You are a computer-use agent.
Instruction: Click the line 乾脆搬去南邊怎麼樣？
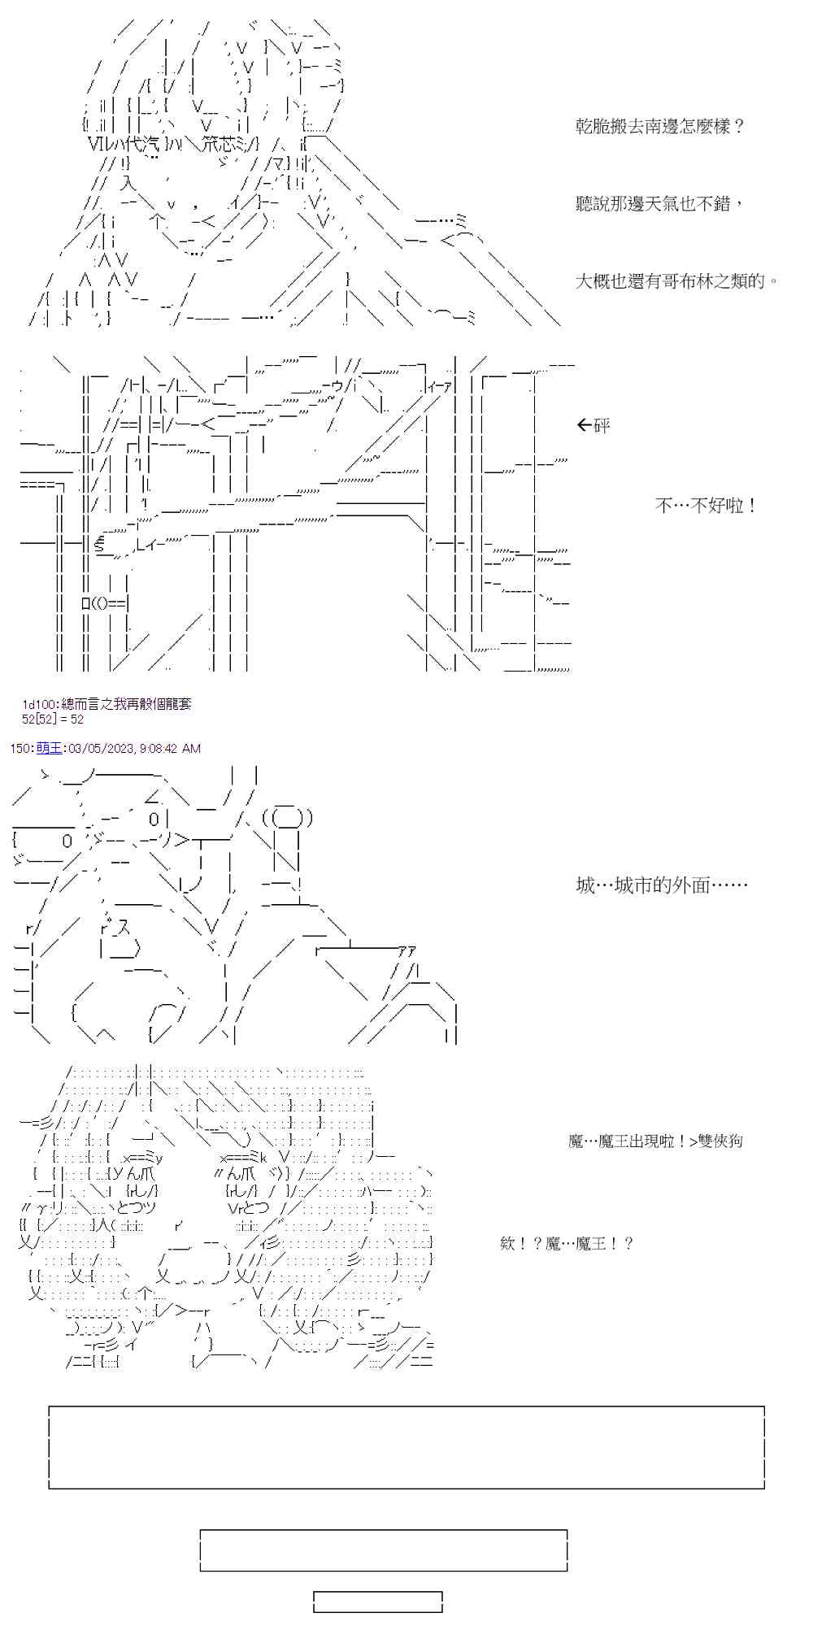[659, 127]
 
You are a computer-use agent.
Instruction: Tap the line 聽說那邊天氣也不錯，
[659, 204]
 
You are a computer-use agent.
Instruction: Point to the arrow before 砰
[583, 425]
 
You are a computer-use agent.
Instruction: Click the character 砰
[602, 425]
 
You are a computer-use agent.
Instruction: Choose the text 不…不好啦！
[706, 506]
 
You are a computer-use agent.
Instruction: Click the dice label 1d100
[38, 704]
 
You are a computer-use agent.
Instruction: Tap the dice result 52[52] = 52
[53, 720]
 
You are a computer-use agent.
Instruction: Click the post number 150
[20, 748]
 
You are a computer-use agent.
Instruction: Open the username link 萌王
[49, 748]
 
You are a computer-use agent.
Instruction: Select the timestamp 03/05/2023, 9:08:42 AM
[133, 748]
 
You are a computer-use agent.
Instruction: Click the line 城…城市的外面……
[662, 885]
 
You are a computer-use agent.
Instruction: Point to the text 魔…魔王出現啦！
[626, 1141]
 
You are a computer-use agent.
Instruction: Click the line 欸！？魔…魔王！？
[567, 1244]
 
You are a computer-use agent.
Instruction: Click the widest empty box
[406, 1448]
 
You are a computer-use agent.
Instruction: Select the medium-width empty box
[384, 1550]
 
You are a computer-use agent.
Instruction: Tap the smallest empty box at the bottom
[378, 1602]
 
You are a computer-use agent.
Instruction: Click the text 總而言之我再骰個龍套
[127, 704]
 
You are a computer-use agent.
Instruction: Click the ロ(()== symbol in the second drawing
[105, 603]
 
